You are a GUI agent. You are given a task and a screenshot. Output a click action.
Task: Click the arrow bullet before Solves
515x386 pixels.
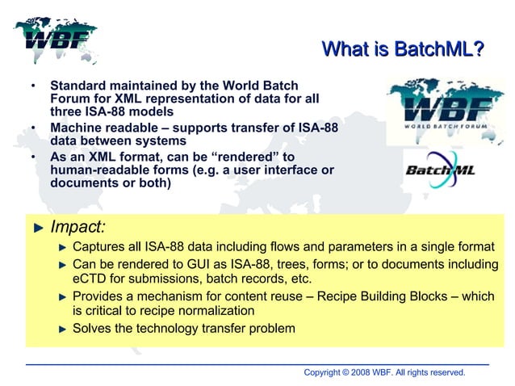[x=62, y=329]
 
